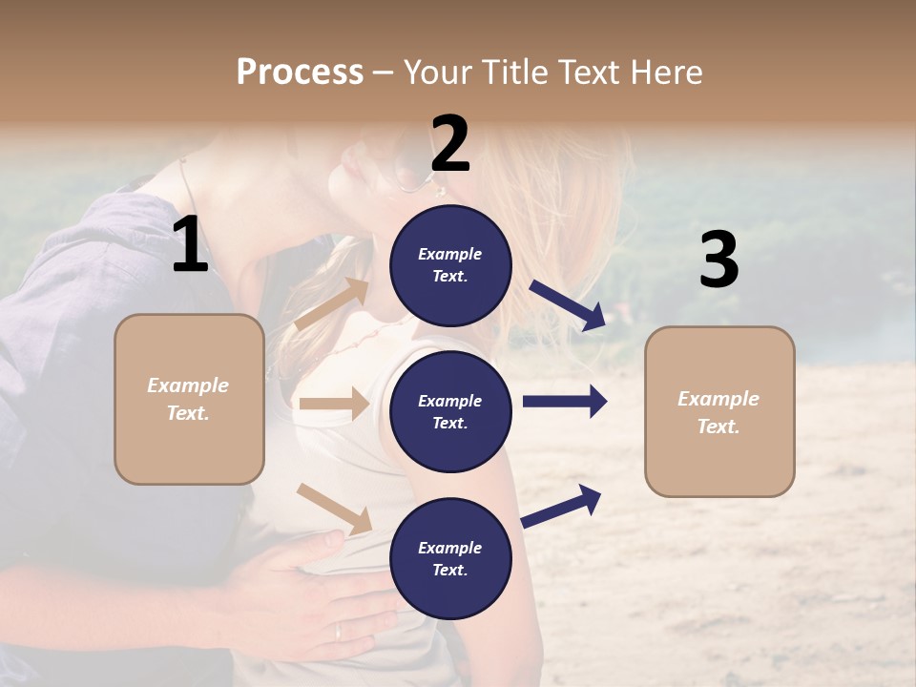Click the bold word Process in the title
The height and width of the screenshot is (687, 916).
coord(300,72)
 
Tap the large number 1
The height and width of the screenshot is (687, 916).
coord(190,245)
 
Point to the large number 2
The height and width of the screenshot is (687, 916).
coord(450,144)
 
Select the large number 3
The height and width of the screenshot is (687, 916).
coord(718,260)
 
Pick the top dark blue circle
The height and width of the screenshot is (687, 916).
coord(450,265)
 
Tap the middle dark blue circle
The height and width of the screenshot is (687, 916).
coord(450,412)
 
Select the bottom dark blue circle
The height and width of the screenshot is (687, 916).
coord(450,559)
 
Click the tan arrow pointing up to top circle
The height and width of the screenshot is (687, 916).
coord(331,304)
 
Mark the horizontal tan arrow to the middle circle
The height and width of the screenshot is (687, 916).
coord(333,404)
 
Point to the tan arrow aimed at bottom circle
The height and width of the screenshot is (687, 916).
coord(333,509)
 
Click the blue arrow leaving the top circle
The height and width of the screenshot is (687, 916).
coord(567,304)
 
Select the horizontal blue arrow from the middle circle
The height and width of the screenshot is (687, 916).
coord(564,402)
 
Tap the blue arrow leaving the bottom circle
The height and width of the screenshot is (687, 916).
coord(561,506)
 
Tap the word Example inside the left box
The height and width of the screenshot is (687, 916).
coord(188,385)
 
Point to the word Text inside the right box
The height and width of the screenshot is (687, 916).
coord(718,427)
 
